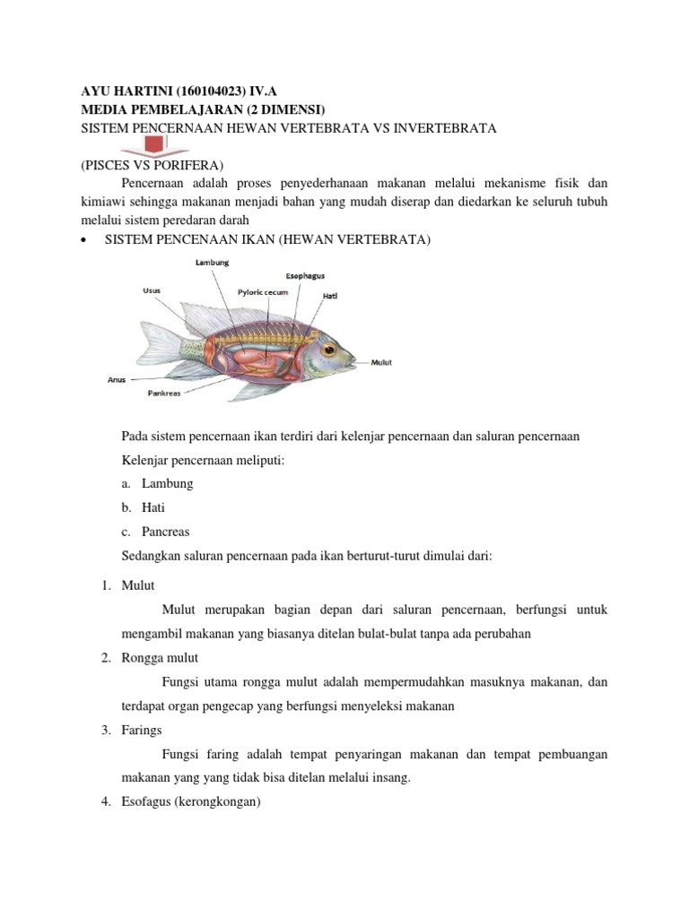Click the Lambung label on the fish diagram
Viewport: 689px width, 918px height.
pos(213,263)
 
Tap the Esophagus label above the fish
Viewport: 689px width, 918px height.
pos(305,275)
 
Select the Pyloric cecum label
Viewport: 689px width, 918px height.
pos(264,291)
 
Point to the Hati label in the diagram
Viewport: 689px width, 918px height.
pos(330,295)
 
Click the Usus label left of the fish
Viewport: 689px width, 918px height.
pos(152,290)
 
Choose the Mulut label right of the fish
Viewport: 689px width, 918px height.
pos(381,362)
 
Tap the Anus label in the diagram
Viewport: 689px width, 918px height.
pos(117,378)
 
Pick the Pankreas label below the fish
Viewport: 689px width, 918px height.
pos(165,393)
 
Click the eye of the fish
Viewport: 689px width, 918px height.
pos(329,348)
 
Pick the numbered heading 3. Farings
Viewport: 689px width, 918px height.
pos(142,730)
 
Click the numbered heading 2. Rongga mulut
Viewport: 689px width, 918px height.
pos(158,658)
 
